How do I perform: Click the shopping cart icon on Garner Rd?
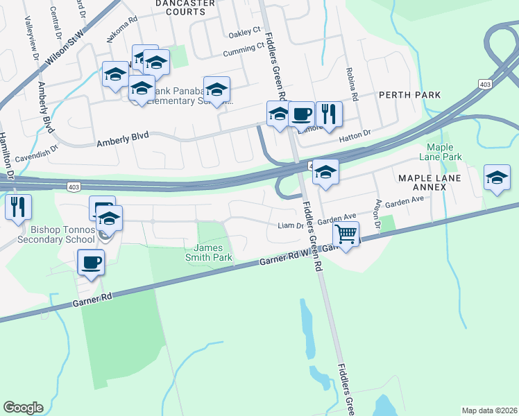(x=346, y=234)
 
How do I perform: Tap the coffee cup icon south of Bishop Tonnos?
(x=91, y=262)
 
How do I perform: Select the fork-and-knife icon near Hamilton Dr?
(x=18, y=207)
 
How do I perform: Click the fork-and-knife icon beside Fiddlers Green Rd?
(x=329, y=114)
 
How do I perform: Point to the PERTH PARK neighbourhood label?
(x=409, y=94)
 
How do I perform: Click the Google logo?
(x=24, y=408)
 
